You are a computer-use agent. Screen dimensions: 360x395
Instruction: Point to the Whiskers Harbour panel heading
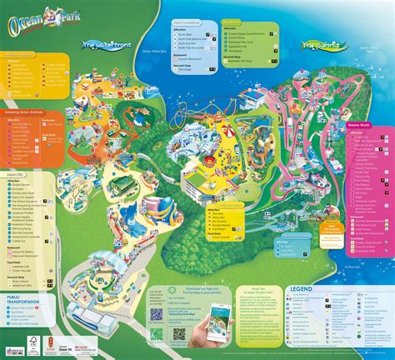pyautogui.click(x=24, y=54)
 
